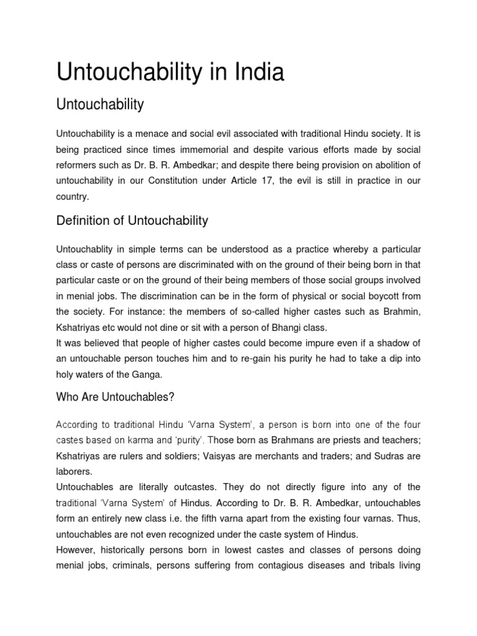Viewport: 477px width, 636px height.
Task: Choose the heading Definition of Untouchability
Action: (x=132, y=220)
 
